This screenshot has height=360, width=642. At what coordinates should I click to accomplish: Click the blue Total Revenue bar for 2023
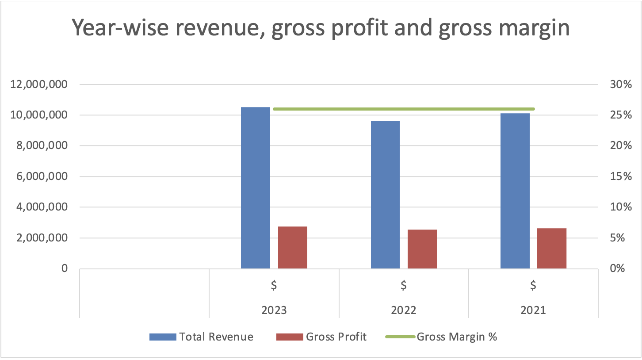[x=255, y=188]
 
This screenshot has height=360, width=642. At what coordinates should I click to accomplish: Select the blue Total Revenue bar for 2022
[x=385, y=195]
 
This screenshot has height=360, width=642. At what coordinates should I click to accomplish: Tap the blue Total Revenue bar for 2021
[x=515, y=191]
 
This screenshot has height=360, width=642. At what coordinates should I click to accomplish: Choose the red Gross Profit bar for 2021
[x=551, y=249]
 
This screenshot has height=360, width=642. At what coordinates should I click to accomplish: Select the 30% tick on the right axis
[x=620, y=84]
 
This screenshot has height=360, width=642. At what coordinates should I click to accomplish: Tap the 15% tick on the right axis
[x=620, y=176]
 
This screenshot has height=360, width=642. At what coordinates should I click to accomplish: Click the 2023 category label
[x=274, y=310]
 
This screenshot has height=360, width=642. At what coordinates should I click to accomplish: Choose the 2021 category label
[x=533, y=310]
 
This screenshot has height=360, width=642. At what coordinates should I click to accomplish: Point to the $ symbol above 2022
[x=404, y=285]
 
